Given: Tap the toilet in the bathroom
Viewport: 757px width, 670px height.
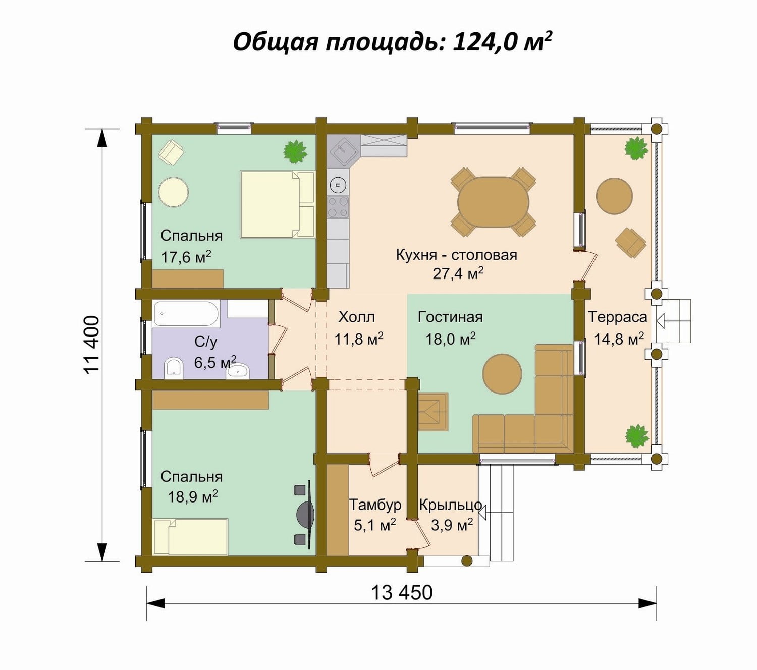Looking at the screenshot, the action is tap(174, 368).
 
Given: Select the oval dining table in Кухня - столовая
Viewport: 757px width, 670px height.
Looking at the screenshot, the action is tap(493, 202).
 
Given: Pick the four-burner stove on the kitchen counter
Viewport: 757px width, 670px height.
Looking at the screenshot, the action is tap(338, 207).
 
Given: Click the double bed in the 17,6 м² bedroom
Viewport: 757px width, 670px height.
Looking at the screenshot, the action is tap(277, 204).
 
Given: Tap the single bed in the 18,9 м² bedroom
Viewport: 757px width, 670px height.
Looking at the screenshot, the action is tap(191, 536).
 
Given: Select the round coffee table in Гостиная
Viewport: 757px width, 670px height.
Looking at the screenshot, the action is tap(502, 374).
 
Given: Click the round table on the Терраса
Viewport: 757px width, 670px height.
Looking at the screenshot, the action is tap(614, 196).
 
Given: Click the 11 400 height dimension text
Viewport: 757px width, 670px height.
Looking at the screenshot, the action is tap(92, 345).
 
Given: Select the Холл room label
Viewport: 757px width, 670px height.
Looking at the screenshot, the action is tap(356, 317).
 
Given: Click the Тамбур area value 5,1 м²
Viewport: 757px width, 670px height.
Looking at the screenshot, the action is tap(375, 525).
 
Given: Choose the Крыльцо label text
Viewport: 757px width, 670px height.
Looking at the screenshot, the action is tap(450, 505).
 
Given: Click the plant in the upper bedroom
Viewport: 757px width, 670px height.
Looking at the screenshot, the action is tap(295, 151).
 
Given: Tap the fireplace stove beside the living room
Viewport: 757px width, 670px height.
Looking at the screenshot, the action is tap(433, 412).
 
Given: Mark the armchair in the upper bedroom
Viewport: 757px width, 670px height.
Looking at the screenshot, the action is tap(171, 152).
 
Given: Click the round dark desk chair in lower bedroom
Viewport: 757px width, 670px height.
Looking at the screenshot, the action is tap(306, 514).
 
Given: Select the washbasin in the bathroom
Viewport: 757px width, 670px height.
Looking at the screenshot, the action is tap(238, 370).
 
